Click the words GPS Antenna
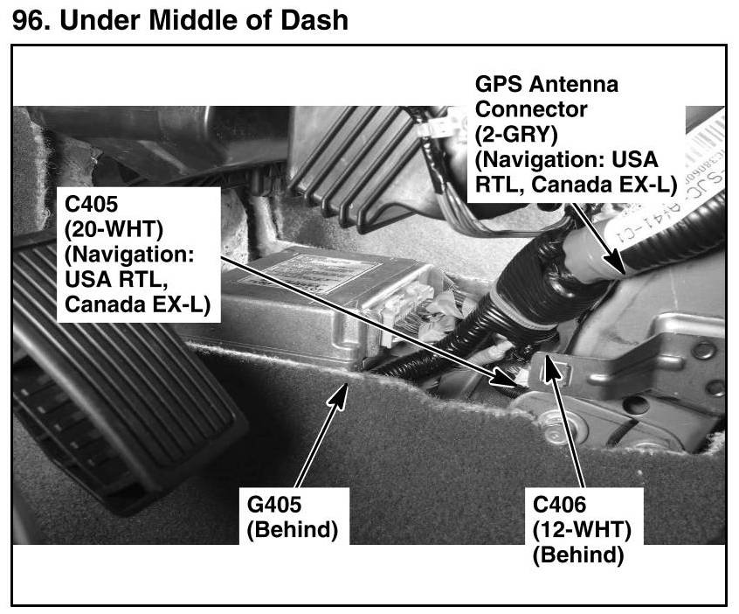coord(546,86)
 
